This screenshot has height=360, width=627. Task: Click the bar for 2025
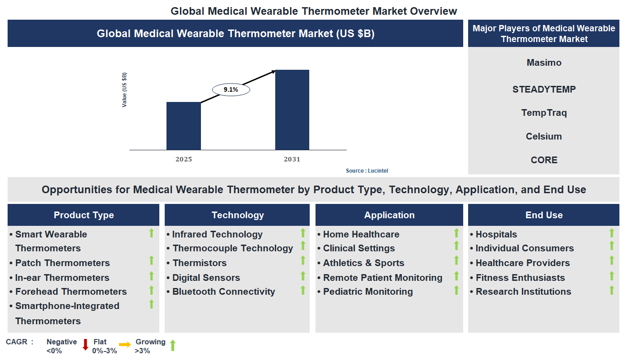(x=183, y=126)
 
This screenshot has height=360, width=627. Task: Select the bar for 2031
(x=292, y=110)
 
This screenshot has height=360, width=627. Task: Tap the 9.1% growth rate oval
(x=231, y=90)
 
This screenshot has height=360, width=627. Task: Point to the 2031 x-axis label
(x=292, y=159)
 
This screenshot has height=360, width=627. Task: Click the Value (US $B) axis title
(x=124, y=89)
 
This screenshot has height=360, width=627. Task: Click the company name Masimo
(x=544, y=63)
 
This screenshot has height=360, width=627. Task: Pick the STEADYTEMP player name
(x=544, y=89)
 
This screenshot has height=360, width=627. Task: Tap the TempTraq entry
(x=544, y=113)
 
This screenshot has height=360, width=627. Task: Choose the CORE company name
(x=544, y=160)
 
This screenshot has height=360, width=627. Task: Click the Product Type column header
(x=84, y=215)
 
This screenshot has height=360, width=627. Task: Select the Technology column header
(x=238, y=215)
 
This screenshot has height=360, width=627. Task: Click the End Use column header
(x=544, y=215)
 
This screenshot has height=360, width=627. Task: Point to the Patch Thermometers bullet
(x=62, y=263)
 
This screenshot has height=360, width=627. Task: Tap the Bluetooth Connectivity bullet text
(x=223, y=292)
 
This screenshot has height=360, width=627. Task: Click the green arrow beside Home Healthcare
(x=456, y=233)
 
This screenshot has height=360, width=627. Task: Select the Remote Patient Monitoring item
(x=383, y=278)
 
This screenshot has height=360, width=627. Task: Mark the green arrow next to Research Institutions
(x=612, y=291)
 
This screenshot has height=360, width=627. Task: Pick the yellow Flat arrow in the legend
(x=125, y=344)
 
